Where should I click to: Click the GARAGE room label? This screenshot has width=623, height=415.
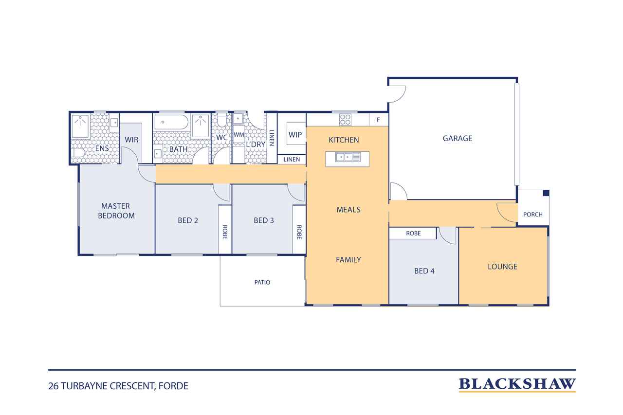tap(457, 138)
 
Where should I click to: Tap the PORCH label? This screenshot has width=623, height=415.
tap(532, 214)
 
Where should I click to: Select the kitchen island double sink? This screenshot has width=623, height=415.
tap(348, 157)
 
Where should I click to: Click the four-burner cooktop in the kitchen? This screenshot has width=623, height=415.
tap(345, 120)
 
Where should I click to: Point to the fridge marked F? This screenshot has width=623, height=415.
tap(379, 120)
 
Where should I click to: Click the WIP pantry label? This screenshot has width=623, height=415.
tap(295, 135)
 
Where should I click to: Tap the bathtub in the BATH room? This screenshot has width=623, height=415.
tap(171, 122)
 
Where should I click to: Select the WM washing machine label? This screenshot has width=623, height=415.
tap(238, 135)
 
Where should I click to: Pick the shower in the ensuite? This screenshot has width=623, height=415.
tap(80, 126)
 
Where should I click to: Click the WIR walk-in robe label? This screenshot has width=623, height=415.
tap(131, 140)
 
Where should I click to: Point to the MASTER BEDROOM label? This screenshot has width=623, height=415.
tap(116, 211)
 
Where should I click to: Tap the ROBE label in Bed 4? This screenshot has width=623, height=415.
tap(413, 234)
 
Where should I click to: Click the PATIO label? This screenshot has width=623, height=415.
tap(262, 282)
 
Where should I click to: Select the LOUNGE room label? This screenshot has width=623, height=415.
tap(502, 267)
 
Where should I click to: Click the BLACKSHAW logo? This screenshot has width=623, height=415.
tap(517, 384)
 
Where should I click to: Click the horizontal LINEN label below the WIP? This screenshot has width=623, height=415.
tap(292, 160)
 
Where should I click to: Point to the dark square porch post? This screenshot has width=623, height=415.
tap(546, 193)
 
